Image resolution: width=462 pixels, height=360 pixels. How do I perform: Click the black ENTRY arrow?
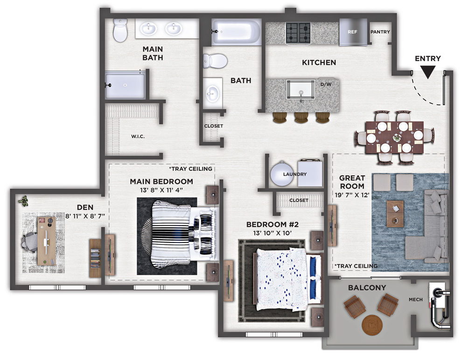(x=427, y=72)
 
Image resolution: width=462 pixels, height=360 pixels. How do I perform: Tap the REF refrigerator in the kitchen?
(x=353, y=32)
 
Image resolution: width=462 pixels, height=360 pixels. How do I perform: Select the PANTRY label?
(x=380, y=32)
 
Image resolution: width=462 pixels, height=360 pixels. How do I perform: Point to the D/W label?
(x=326, y=84)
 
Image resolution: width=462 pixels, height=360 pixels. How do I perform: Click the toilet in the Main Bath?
(x=120, y=30)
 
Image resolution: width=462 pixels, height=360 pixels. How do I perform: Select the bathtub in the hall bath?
(x=236, y=32)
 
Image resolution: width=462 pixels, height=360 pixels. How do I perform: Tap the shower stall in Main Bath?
(x=125, y=85)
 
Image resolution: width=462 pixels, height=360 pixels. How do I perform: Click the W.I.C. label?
(x=138, y=136)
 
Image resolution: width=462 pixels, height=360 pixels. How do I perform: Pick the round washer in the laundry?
(x=282, y=174)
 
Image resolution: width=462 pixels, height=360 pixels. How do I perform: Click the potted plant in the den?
(x=23, y=201)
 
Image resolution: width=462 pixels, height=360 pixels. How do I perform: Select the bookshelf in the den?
(x=95, y=258)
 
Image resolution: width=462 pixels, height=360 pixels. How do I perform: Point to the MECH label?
(x=416, y=299)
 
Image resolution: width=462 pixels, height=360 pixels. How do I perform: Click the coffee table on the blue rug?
(x=395, y=214)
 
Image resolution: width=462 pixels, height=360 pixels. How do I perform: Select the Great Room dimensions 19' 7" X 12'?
(x=352, y=195)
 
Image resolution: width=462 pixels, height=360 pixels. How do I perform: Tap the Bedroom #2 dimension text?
(x=273, y=233)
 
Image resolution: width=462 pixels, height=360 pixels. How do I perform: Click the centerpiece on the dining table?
(x=396, y=137)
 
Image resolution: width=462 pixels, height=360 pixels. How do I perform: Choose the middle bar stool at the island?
(x=301, y=117)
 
